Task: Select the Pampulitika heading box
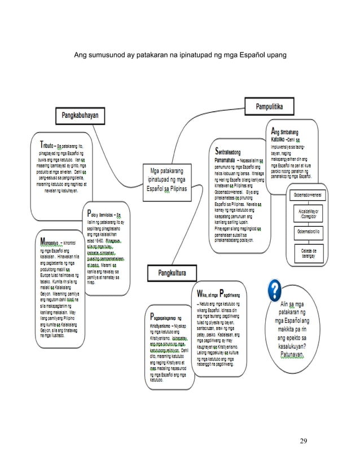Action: click(x=273, y=105)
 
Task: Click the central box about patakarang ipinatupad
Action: click(x=168, y=179)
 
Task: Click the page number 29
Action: click(x=304, y=439)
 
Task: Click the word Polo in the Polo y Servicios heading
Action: click(x=92, y=214)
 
